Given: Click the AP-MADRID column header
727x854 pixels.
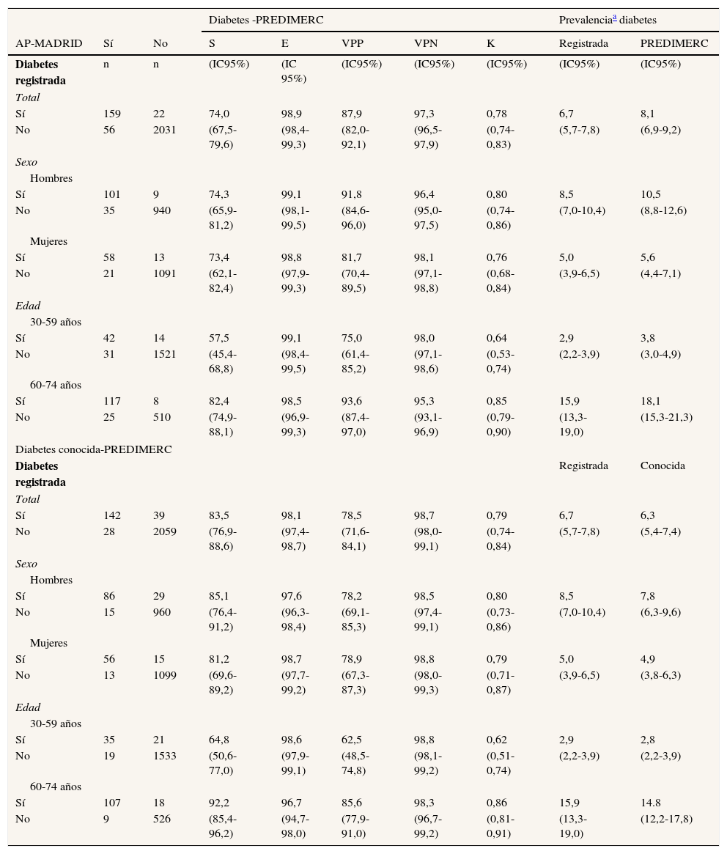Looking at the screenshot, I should [x=48, y=43].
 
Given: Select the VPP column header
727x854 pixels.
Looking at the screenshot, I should [x=352, y=43].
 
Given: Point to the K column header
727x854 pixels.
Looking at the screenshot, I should [x=490, y=43].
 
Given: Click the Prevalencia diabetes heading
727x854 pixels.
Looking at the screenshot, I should [x=608, y=20].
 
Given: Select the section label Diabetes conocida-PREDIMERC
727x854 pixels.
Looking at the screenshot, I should [x=93, y=449].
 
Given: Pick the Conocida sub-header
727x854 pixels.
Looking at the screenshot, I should [x=663, y=465].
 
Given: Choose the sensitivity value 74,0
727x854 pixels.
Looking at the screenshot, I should [x=219, y=114].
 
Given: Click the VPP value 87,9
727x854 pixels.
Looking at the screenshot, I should [x=352, y=114].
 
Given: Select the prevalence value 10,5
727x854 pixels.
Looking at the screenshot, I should [x=650, y=194].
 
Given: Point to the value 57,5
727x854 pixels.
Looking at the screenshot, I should [x=219, y=338].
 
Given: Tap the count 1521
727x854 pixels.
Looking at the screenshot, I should [x=164, y=354].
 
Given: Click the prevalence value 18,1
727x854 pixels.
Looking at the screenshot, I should [x=650, y=401].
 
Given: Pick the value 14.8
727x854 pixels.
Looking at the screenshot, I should [x=650, y=803].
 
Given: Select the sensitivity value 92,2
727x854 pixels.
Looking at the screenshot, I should [x=219, y=803].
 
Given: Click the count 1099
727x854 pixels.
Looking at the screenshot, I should [x=164, y=675].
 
